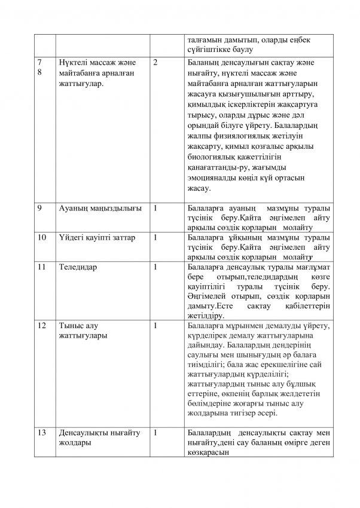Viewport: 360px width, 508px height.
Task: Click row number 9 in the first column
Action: (39, 209)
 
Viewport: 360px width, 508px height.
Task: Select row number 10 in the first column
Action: (41, 237)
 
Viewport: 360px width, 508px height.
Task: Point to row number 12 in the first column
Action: (41, 326)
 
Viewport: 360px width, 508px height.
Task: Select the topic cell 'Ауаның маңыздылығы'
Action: (100, 209)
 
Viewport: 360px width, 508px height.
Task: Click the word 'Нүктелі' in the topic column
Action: (75, 63)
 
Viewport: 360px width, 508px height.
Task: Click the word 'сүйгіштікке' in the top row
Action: (210, 49)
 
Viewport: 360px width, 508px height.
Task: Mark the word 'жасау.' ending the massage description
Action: (199, 188)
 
